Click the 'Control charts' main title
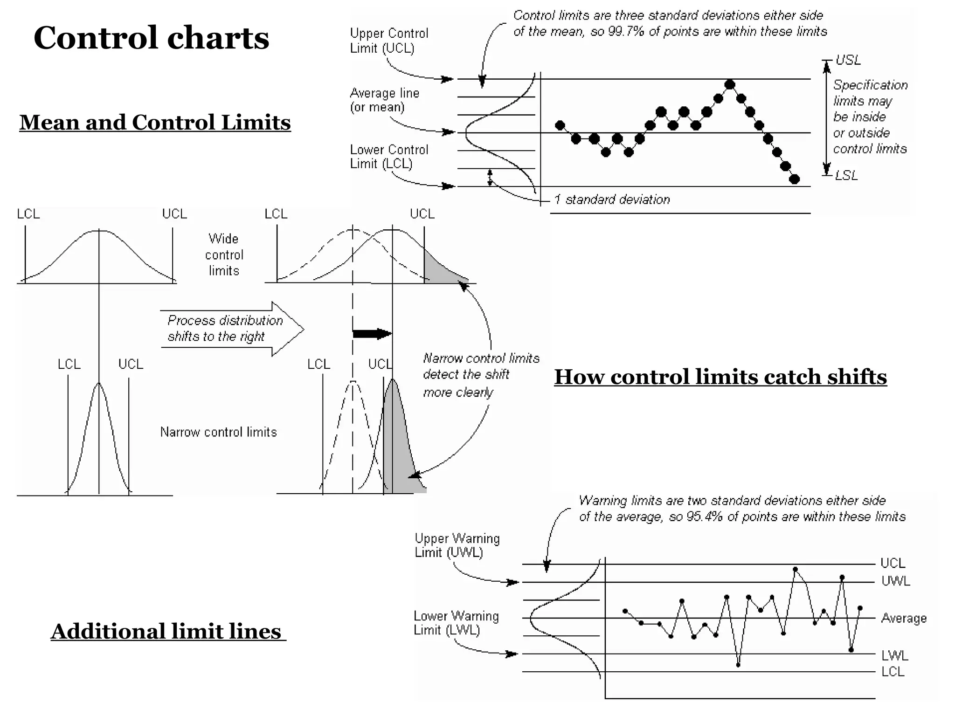click(151, 38)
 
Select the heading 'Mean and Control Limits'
click(155, 123)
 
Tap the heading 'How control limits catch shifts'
click(720, 377)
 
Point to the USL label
click(848, 60)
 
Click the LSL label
click(846, 176)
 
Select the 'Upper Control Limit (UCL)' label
click(388, 41)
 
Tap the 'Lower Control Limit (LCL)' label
click(388, 157)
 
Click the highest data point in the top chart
click(730, 85)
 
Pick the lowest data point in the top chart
click(795, 179)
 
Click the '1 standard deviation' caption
click(612, 200)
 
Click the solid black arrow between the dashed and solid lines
click(372, 334)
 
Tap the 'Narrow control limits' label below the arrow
click(218, 432)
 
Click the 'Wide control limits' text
click(224, 255)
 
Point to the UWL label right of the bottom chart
click(895, 581)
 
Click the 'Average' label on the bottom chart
click(903, 619)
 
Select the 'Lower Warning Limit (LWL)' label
click(456, 623)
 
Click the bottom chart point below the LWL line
click(738, 665)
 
